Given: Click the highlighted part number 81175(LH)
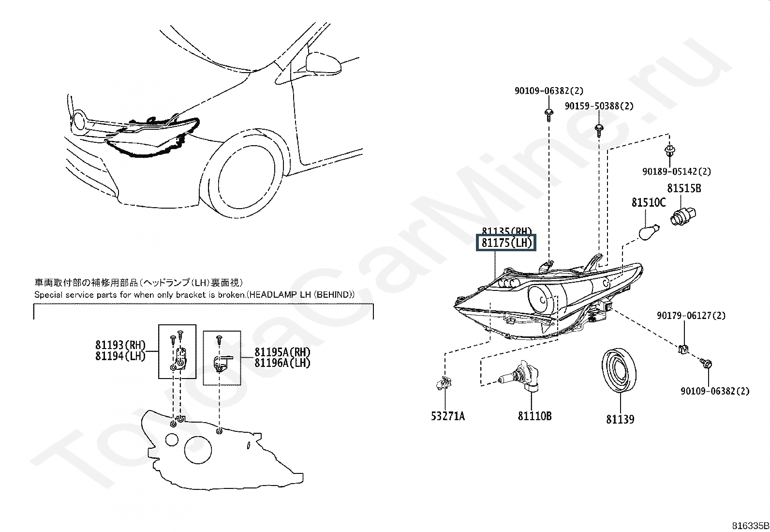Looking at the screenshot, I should click(507, 243).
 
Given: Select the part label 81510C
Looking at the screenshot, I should click(648, 202).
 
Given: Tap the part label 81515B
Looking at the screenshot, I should click(684, 188).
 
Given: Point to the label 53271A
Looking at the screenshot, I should click(448, 416).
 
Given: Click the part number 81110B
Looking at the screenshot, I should click(534, 416).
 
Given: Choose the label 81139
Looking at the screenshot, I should click(620, 419).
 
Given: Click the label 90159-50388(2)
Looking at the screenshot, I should click(599, 106).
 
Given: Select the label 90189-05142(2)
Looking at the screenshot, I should click(677, 171).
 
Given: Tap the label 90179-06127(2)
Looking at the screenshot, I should click(691, 316).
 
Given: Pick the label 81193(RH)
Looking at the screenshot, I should click(120, 345).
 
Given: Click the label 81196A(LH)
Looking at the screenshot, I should click(282, 363).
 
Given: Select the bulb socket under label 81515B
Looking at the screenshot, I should click(682, 216).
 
